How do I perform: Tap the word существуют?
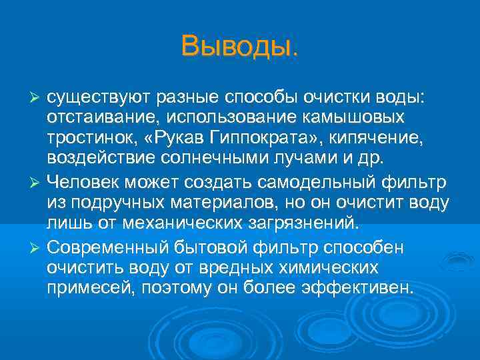coord(99,99)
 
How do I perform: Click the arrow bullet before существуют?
coord(37,99)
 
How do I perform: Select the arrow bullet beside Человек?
coord(37,183)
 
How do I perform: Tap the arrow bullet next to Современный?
coord(37,247)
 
